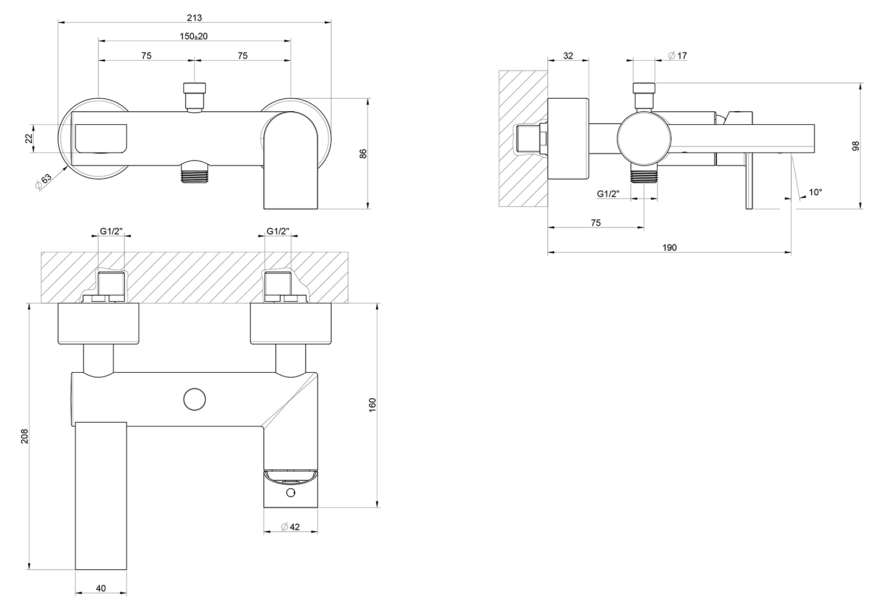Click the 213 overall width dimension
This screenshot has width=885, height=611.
tap(194, 17)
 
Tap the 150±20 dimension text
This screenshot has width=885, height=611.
tap(194, 36)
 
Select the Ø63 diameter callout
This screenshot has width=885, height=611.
tap(43, 181)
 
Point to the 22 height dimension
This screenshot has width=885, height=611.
tap(29, 138)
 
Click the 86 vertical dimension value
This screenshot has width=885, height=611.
tap(363, 154)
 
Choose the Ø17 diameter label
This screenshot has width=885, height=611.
tap(678, 56)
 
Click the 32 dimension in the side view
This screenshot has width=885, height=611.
tap(568, 56)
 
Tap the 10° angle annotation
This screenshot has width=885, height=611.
tap(815, 192)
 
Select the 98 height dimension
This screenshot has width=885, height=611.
tap(856, 146)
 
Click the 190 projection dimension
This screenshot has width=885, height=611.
tap(669, 247)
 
